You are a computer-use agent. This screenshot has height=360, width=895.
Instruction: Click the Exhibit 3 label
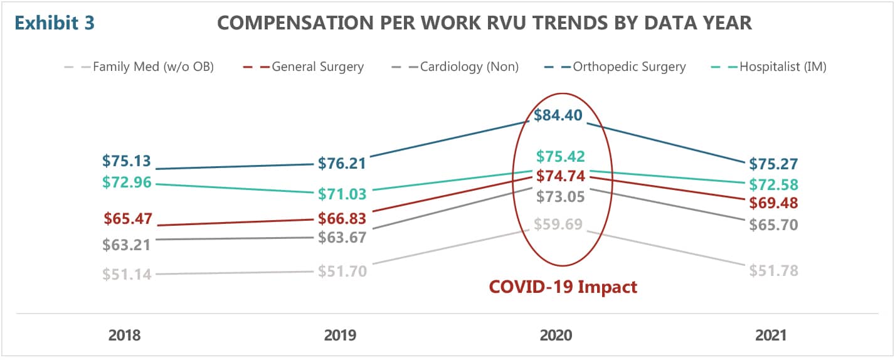pyautogui.click(x=55, y=23)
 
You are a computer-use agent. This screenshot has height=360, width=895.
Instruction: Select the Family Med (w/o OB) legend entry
pyautogui.click(x=153, y=66)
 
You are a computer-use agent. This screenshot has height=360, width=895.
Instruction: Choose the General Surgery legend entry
pyautogui.click(x=317, y=66)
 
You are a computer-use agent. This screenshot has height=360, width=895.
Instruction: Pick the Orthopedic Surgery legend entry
pyautogui.click(x=629, y=66)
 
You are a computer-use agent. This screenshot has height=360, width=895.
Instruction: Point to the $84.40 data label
pyautogui.click(x=558, y=115)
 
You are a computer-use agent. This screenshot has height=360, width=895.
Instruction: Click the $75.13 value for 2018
pyautogui.click(x=127, y=161)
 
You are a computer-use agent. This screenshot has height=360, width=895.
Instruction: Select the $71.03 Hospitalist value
pyautogui.click(x=342, y=194)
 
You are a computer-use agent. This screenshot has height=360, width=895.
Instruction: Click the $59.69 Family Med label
pyautogui.click(x=558, y=224)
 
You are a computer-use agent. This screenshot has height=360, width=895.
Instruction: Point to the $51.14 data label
pyautogui.click(x=127, y=274)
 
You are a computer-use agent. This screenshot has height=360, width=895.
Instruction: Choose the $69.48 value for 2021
pyautogui.click(x=773, y=203)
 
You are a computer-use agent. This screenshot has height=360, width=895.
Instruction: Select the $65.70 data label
pyautogui.click(x=773, y=225)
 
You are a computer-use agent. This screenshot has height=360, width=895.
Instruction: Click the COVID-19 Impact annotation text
pyautogui.click(x=563, y=287)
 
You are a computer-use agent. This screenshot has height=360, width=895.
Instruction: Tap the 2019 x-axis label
pyautogui.click(x=340, y=336)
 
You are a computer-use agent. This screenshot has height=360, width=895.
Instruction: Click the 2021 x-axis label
pyautogui.click(x=770, y=336)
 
